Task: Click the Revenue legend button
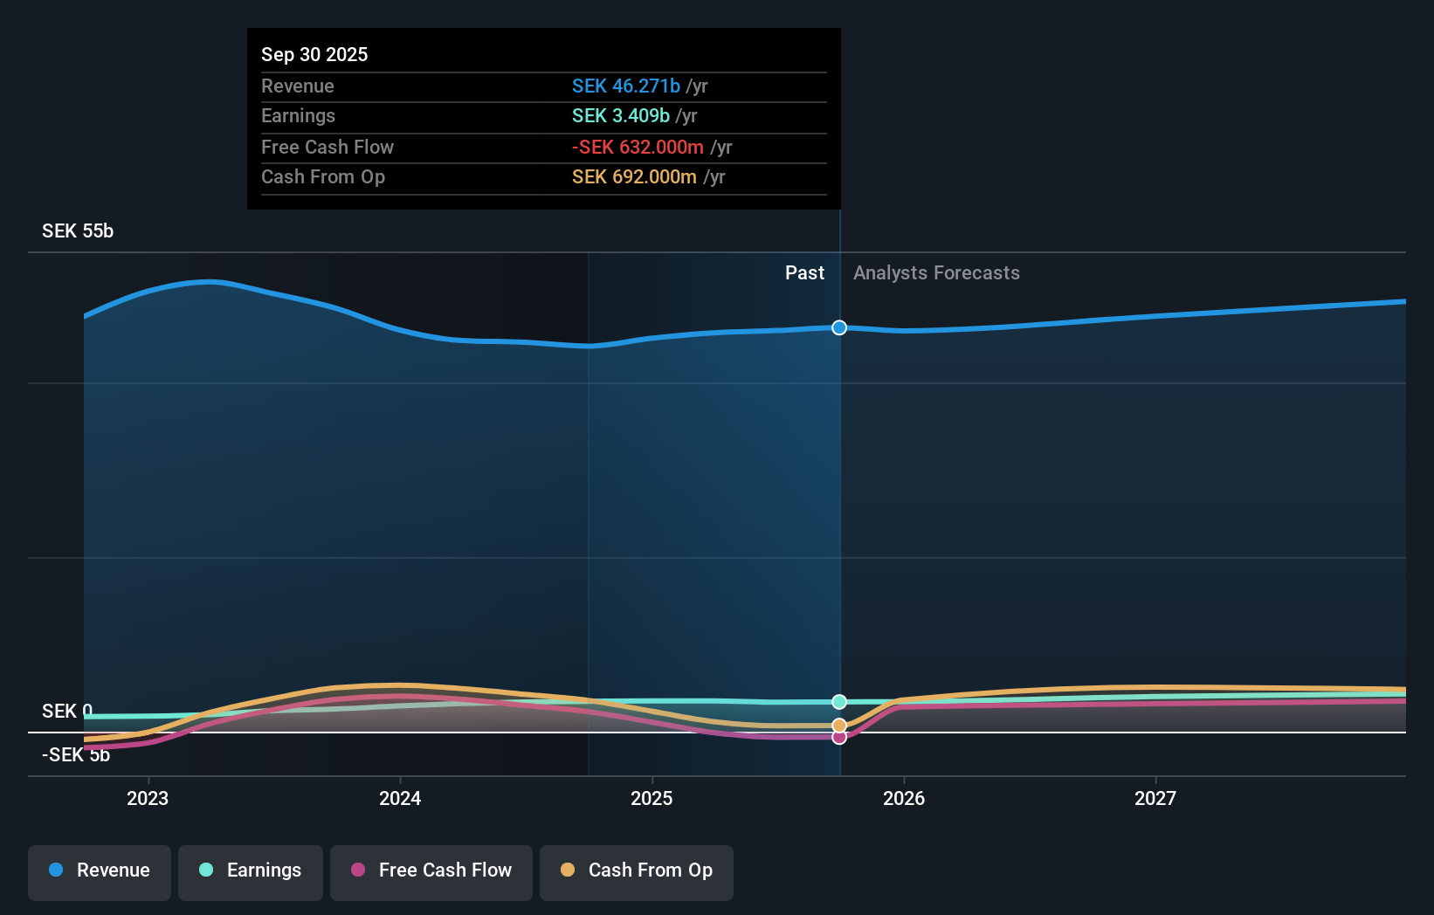100,870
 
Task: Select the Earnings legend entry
250,870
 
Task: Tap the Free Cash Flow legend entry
431,870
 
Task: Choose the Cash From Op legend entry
636,870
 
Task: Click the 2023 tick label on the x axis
148,798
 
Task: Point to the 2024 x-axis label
400,798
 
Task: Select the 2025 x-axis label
652,798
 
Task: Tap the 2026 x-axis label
903,798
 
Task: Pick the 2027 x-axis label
1155,798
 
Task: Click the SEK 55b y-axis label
78,231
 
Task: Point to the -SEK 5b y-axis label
76,755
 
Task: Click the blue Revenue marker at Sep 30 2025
839,327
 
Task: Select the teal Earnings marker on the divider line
839,702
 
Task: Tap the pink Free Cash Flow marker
839,738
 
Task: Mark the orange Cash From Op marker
839,726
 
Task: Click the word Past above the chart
804,273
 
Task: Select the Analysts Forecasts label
936,273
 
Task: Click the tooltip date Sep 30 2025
314,54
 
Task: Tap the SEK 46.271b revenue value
625,86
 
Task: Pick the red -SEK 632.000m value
638,148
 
